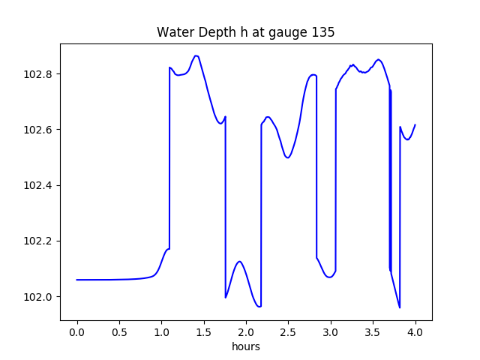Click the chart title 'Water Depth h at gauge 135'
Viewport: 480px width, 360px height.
(x=245, y=33)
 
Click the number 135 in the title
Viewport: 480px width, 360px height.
(x=324, y=33)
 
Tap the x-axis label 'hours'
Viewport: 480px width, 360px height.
(x=246, y=347)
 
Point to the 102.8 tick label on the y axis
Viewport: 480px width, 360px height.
(x=38, y=74)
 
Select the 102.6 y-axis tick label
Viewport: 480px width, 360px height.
(x=38, y=130)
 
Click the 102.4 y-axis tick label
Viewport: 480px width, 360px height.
(x=38, y=185)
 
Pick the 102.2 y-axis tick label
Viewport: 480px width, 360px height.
(x=38, y=241)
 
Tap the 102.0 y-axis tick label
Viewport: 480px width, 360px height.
(x=38, y=296)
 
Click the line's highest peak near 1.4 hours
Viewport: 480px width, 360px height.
(x=196, y=55)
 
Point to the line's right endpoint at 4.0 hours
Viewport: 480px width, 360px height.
(x=415, y=124)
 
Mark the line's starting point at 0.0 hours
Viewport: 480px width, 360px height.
(x=77, y=280)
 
